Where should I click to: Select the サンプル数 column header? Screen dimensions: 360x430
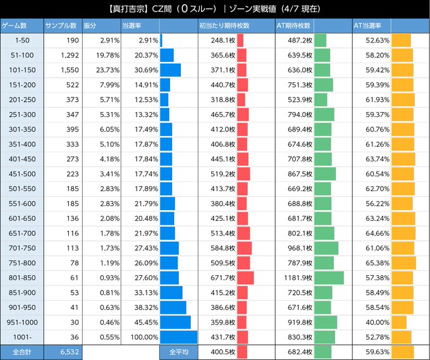click(x=61, y=25)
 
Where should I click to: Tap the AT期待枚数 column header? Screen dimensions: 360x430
click(x=295, y=25)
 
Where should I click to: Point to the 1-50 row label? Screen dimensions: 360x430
click(x=21, y=40)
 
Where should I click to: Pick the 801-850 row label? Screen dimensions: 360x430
click(x=21, y=278)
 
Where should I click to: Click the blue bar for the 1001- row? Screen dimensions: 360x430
click(x=179, y=337)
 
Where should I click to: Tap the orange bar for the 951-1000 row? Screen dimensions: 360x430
click(x=399, y=322)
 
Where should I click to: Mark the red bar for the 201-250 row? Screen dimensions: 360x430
click(x=241, y=100)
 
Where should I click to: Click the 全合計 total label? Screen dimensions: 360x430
click(x=21, y=352)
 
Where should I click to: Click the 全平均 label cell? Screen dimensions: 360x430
click(x=178, y=352)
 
